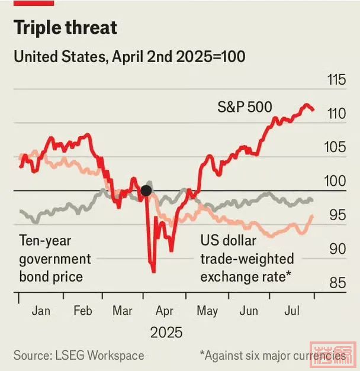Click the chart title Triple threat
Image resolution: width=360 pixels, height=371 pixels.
coord(65,28)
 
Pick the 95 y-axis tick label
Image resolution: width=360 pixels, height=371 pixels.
coord(336,215)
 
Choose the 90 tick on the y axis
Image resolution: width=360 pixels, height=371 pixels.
coord(336,249)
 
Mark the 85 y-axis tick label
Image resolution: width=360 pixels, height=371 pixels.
coord(336,283)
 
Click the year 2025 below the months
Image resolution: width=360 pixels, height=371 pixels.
coord(166,333)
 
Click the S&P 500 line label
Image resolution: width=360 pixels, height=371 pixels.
coord(245,107)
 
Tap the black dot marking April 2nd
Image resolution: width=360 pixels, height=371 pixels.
coord(146,191)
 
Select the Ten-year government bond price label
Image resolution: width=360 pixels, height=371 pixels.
coord(55,259)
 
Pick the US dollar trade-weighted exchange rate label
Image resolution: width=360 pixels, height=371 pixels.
coord(246,259)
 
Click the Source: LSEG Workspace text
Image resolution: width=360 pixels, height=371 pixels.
coord(79,356)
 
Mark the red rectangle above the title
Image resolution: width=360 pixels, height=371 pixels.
coord(34,2)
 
